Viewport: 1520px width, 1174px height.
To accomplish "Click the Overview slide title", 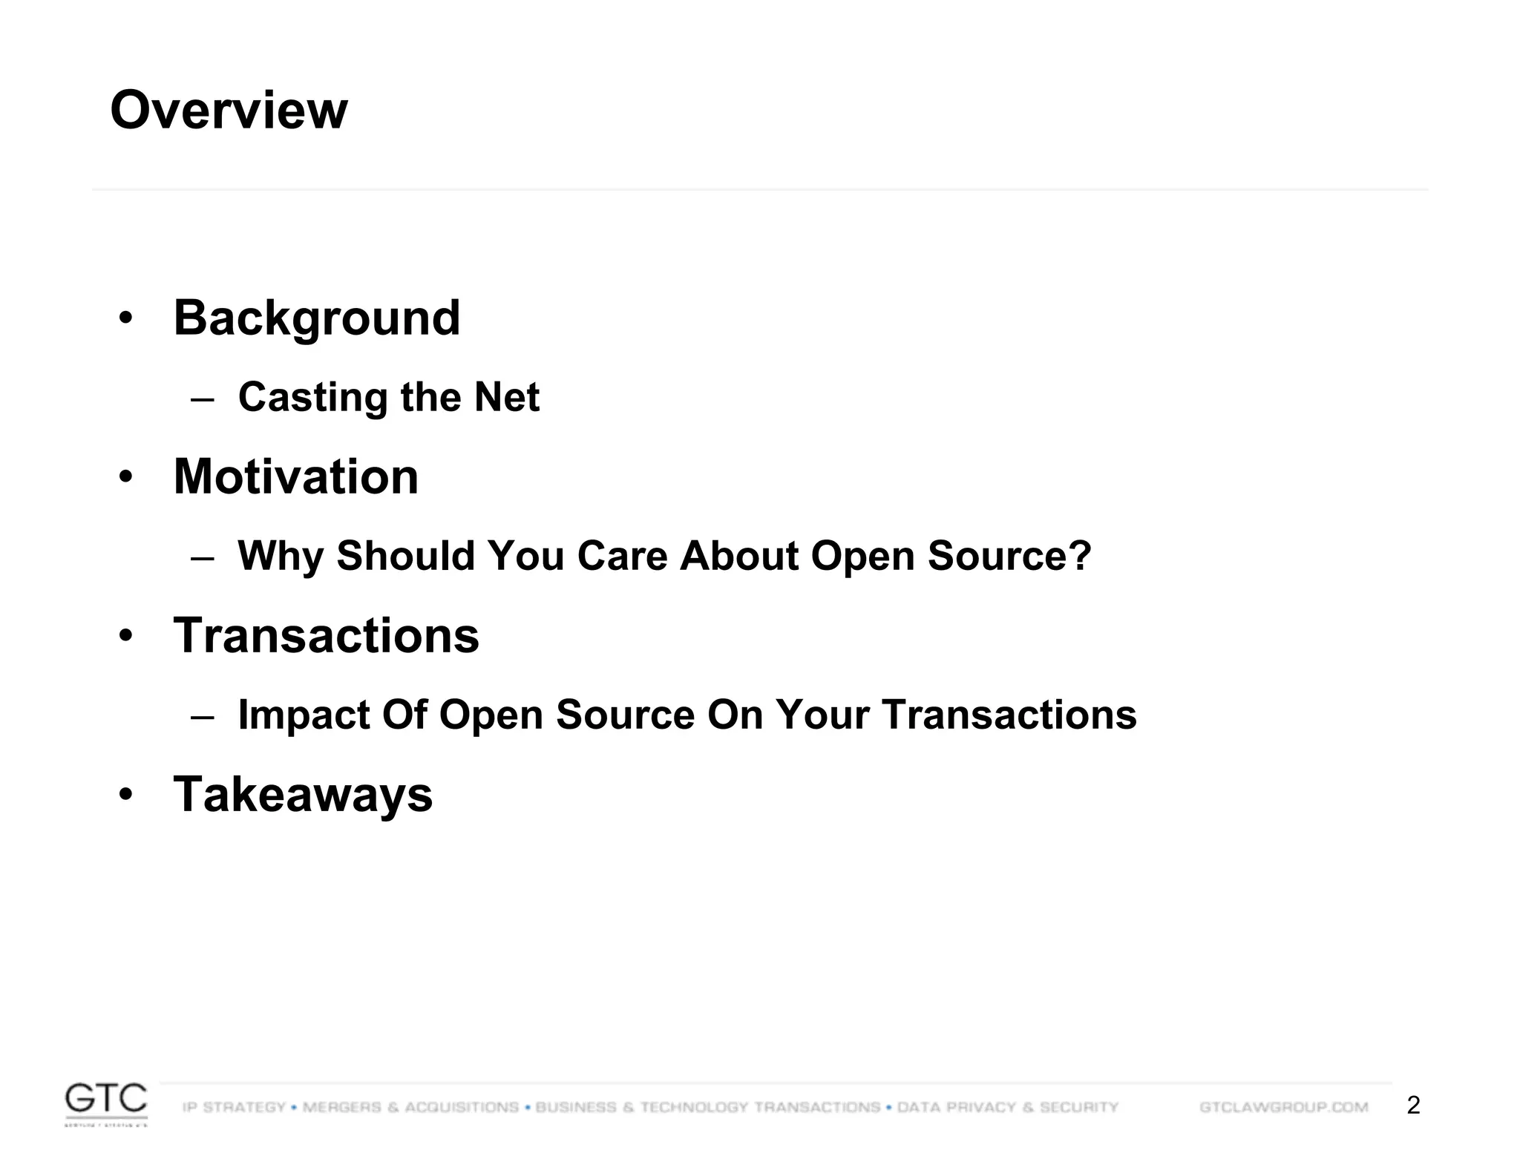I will (229, 110).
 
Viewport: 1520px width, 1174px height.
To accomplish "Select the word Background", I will (317, 318).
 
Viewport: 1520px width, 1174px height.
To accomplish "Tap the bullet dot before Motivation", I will (126, 477).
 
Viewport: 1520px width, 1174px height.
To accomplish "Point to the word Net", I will (507, 397).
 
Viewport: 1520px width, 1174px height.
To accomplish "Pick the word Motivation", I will (296, 476).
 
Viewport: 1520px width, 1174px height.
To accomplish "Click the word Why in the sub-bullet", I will (281, 556).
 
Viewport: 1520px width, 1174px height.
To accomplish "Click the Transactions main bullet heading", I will (327, 636).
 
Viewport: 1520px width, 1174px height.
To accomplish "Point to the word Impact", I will (304, 715).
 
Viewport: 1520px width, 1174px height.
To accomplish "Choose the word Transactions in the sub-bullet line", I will (1009, 715).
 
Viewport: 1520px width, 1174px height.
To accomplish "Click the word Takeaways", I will (303, 795).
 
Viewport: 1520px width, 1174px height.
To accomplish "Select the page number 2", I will (1413, 1106).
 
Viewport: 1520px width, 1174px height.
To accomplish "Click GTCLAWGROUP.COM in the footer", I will (1283, 1107).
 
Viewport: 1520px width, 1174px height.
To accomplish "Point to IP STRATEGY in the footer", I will (234, 1107).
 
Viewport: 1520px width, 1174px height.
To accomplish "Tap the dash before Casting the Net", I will (202, 399).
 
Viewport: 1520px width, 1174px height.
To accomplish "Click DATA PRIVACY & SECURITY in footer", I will (1007, 1107).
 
